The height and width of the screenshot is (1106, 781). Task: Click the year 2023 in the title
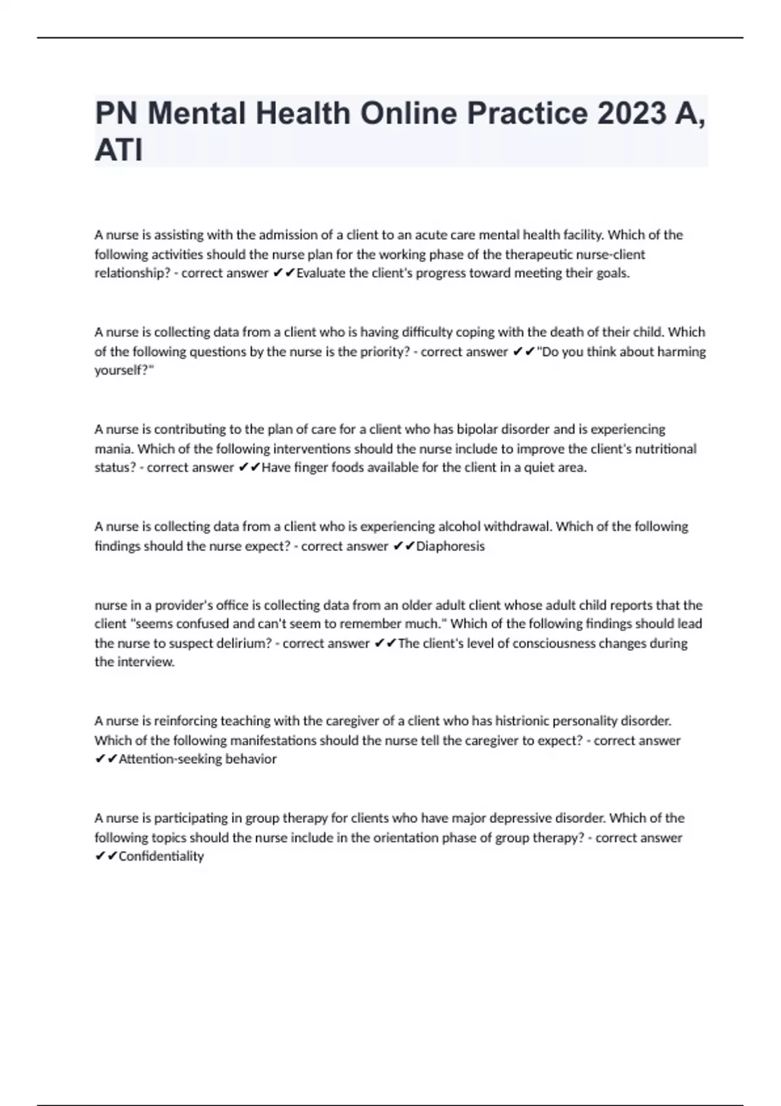coord(631,113)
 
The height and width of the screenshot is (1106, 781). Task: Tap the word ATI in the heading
coord(118,150)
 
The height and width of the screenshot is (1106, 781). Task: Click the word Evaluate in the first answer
coord(321,273)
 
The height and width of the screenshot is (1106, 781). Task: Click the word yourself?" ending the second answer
coord(124,371)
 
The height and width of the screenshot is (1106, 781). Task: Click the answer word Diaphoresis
coord(450,546)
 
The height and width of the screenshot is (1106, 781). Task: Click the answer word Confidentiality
coord(161,856)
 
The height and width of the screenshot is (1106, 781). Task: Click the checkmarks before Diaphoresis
coord(404,546)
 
